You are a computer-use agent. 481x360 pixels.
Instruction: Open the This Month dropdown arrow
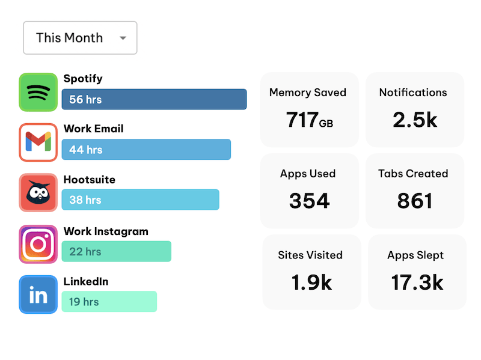pos(123,38)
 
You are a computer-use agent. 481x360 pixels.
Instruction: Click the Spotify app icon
pos(38,93)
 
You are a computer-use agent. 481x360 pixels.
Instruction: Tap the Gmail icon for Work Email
pos(38,142)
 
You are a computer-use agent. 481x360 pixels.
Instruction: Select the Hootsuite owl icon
pos(38,192)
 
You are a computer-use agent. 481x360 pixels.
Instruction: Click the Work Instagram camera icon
pos(38,244)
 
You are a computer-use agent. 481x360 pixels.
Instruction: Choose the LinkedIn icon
pos(38,294)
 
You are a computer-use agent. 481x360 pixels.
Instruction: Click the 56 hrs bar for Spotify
pos(154,99)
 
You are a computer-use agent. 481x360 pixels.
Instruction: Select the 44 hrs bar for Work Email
pos(146,150)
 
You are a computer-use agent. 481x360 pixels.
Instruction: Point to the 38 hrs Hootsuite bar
pos(140,200)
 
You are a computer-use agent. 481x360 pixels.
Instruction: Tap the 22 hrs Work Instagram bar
pos(116,251)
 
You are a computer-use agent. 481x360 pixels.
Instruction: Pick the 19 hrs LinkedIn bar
pos(109,302)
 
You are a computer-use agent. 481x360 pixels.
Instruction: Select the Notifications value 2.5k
pos(415,120)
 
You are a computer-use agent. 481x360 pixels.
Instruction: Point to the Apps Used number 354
pos(309,201)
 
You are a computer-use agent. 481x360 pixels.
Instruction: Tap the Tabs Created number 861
pos(415,201)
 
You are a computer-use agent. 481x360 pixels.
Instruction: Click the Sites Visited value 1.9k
pos(311,282)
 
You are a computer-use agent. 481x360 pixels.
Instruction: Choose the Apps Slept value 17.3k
pos(417,282)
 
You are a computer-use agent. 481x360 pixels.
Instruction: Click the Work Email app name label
pos(93,129)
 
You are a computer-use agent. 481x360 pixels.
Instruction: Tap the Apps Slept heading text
pos(415,255)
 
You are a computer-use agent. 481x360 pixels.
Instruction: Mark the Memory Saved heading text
pos(308,93)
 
